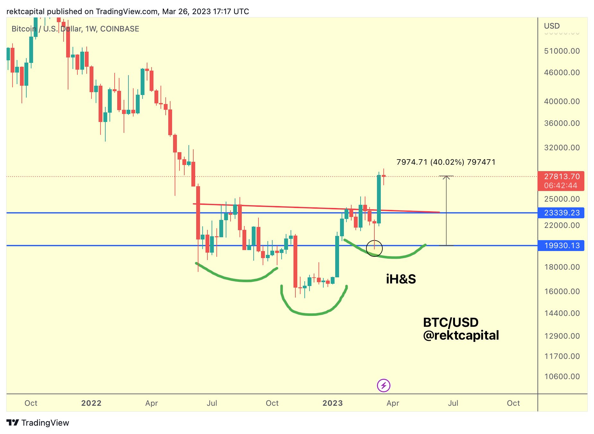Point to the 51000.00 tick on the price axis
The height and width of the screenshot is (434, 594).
point(562,51)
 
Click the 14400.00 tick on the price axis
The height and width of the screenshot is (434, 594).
point(562,313)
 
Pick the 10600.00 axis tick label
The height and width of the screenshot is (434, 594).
point(562,377)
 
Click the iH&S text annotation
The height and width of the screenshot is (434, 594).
point(401,279)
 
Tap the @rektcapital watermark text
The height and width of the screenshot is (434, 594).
point(461,335)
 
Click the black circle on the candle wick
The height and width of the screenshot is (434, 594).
point(374,248)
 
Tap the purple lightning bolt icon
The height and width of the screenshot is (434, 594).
point(383,386)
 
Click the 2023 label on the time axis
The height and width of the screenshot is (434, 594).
point(333,403)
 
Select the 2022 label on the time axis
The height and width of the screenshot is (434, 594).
point(91,403)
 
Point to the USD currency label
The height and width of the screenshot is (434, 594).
point(552,26)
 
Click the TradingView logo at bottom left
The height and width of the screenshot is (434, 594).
point(38,423)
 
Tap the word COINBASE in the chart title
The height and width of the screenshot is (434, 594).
point(120,29)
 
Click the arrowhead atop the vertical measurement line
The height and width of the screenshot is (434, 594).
point(446,177)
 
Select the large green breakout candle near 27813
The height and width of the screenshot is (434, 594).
point(379,199)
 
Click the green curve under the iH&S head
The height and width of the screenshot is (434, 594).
point(311,314)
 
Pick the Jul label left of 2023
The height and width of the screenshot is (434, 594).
point(212,403)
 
